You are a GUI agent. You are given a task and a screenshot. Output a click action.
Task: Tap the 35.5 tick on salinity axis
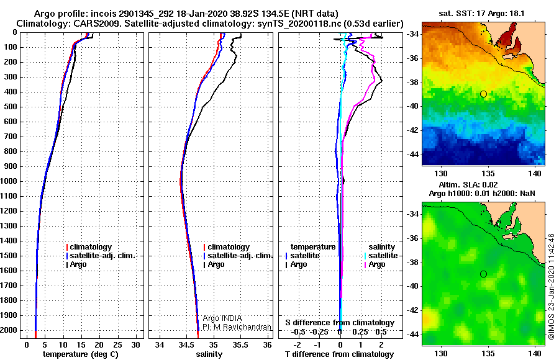[240, 344]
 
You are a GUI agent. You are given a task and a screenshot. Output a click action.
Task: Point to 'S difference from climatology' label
[340, 323]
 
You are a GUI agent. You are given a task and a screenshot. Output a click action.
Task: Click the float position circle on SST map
[483, 94]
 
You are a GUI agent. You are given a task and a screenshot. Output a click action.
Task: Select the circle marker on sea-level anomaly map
[483, 274]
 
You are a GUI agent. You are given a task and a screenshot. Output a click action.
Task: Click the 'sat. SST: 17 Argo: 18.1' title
[483, 14]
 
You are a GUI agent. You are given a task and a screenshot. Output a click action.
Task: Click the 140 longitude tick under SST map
[533, 172]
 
